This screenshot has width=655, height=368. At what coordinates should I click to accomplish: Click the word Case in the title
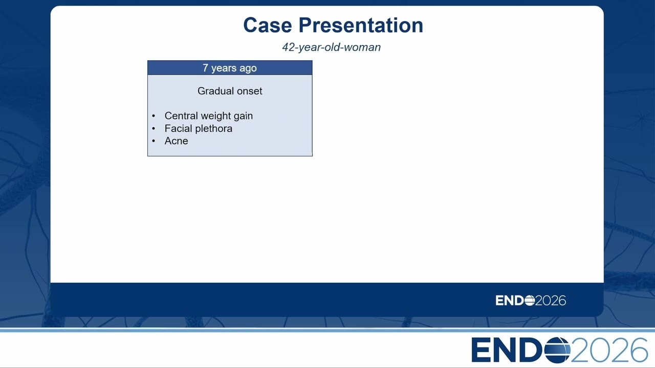click(x=268, y=25)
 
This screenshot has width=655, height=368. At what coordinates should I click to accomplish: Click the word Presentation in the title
click(x=361, y=25)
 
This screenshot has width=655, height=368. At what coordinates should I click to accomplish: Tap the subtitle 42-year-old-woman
click(x=331, y=47)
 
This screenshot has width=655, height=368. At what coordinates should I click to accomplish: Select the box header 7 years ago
click(x=230, y=68)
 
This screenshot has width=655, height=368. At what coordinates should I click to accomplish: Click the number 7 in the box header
click(x=205, y=68)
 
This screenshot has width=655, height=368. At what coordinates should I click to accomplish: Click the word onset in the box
click(x=249, y=91)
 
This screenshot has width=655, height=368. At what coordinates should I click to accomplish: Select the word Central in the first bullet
click(x=181, y=116)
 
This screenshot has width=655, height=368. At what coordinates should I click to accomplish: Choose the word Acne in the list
click(x=176, y=141)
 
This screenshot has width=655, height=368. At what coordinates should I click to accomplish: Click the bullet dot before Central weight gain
click(x=154, y=116)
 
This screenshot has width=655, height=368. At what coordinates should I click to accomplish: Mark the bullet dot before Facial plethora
click(x=154, y=128)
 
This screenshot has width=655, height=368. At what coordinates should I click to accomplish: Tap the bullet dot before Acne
click(x=154, y=141)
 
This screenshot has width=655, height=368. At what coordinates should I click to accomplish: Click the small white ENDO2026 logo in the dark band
click(x=531, y=301)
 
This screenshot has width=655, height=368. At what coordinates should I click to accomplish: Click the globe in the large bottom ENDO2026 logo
click(x=557, y=350)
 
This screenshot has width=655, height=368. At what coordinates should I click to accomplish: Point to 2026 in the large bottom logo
click(x=609, y=350)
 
